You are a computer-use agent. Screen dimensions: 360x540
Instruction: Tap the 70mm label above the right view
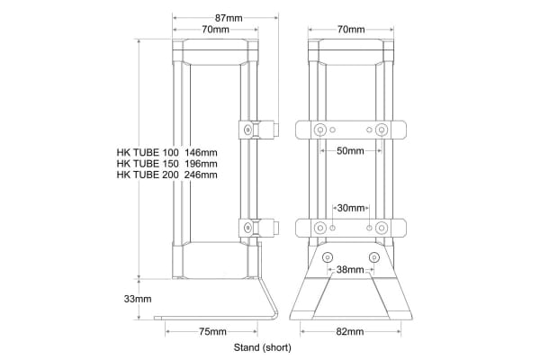351,30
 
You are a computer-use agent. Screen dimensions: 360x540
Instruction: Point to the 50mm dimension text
350,152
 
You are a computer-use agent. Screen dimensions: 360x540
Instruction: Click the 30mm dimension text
350,208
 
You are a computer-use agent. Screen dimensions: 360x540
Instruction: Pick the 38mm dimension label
350,269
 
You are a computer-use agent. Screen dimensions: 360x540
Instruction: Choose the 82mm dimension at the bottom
350,332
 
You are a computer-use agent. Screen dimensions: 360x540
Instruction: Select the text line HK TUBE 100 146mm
166,152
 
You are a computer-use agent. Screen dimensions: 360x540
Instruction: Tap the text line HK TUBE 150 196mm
166,164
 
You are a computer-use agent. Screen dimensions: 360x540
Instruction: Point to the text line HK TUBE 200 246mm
166,175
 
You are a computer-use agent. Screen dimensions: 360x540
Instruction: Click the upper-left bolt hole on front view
319,130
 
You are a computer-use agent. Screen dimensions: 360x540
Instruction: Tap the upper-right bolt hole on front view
381,130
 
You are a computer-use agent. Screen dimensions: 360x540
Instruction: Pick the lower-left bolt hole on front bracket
319,227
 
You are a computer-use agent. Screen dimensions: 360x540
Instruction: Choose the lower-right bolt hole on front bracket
381,227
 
